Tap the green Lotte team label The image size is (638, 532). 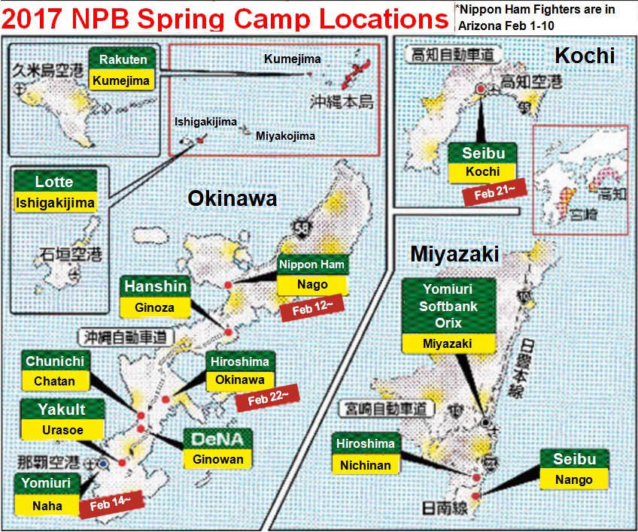pos(55,181)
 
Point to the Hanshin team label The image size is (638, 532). pos(156,286)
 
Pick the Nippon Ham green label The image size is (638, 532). pos(311,264)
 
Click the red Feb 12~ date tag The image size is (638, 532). pos(308,307)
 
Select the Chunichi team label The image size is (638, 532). pos(55,361)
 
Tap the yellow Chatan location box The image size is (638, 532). pos(55,381)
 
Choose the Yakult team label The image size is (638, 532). pos(62,410)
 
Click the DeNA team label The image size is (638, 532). pos(216,440)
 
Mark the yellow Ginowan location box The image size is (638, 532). pos(216,459)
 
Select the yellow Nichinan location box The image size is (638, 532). pos(366,465)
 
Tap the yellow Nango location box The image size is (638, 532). pos(573,479)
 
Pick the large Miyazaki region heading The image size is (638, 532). pos(454,254)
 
